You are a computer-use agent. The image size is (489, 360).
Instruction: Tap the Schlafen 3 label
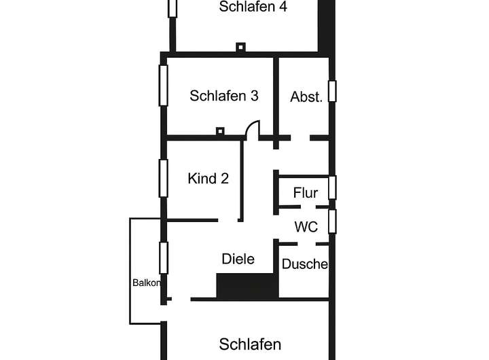(224, 96)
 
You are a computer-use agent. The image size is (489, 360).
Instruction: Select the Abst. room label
(306, 96)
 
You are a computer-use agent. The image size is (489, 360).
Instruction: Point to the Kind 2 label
(208, 179)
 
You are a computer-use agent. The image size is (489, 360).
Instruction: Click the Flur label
(306, 193)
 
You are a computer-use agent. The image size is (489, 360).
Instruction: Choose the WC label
(306, 227)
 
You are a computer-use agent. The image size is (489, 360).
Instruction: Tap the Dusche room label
(305, 264)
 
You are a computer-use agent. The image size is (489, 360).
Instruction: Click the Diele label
(238, 259)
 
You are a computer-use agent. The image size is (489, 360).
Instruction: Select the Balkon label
(146, 283)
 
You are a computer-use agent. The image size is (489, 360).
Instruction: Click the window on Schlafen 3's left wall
(163, 85)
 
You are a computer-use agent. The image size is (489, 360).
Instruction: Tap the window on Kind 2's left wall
(163, 178)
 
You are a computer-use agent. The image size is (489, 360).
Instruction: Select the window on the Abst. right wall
(332, 91)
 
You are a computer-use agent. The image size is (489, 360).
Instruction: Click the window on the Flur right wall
(332, 187)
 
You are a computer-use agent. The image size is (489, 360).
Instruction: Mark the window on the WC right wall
(332, 221)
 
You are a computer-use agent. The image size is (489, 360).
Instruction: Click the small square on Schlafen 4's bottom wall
(240, 48)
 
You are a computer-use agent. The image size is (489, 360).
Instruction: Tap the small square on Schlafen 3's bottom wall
(219, 130)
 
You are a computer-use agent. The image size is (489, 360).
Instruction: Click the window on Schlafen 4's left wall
(173, 7)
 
